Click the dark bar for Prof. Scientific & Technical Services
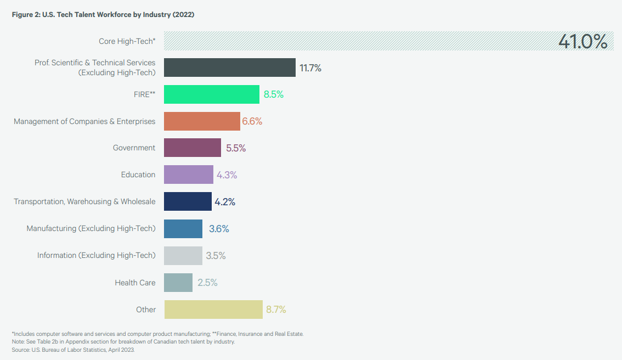229,67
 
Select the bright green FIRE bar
211,94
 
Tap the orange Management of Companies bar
202,121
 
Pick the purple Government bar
192,148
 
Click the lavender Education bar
188,175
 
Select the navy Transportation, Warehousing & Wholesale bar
188,201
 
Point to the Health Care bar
178,283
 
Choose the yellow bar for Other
213,310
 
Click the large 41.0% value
583,41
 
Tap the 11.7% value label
310,68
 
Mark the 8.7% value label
276,310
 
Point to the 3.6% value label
219,229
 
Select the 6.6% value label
252,121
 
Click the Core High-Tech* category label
127,41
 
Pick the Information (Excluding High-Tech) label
96,255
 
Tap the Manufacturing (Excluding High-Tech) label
91,228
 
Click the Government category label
134,148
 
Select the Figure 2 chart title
103,15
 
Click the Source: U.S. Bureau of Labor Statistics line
73,350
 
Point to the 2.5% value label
207,283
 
